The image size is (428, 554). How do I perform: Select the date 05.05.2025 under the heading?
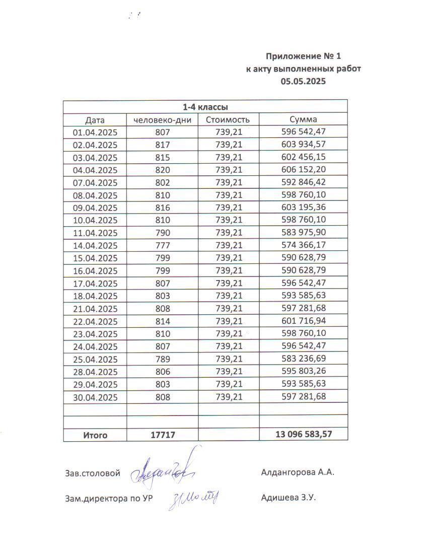coord(303,81)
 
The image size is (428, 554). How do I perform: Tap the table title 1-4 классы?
coord(205,107)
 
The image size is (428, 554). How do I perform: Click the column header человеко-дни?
coord(162,120)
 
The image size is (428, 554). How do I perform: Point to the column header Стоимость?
coord(228,120)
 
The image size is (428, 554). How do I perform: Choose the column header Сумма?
coord(303,120)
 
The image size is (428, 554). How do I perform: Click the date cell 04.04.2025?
coord(95,170)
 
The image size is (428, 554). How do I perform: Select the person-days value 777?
coord(163,246)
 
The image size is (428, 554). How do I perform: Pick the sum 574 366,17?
coord(303,246)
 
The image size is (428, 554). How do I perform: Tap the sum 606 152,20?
coord(303,170)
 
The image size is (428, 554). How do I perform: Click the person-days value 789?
coord(163,359)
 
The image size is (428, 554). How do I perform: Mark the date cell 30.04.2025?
coord(95,397)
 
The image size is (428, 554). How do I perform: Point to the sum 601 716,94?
coord(303,321)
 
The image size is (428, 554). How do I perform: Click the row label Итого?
coord(95,435)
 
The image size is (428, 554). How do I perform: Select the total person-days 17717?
coord(163,435)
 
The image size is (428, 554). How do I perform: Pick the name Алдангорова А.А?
coord(298,472)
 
